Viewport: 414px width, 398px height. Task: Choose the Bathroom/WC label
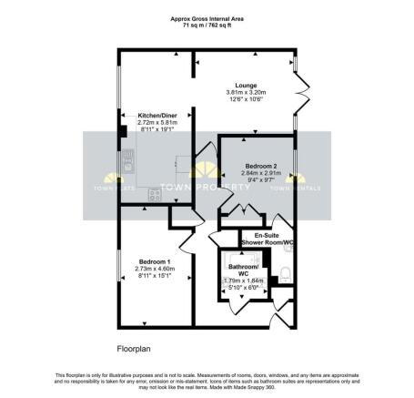tap(243, 269)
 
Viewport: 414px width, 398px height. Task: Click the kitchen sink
tap(127, 162)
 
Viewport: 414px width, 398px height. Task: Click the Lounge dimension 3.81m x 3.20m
tap(246, 93)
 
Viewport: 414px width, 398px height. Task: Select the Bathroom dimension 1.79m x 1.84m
tap(243, 281)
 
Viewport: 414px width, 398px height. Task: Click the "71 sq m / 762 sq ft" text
tap(207, 26)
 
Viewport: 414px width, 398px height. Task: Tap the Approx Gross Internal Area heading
tap(207, 18)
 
